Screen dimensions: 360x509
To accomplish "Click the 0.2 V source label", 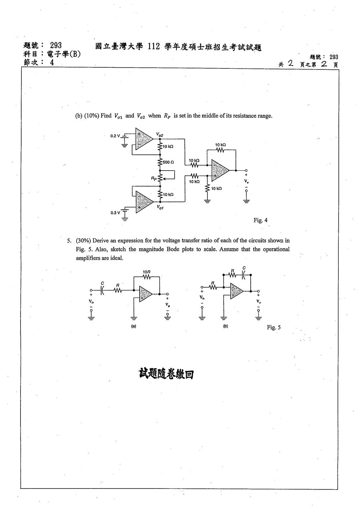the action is click(115, 136).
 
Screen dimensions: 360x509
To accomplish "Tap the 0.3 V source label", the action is click(115, 213).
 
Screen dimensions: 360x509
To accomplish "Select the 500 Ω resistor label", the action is click(168, 162).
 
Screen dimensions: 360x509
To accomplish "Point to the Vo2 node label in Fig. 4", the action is click(159, 135).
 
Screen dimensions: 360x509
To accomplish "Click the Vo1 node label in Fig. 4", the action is click(160, 207).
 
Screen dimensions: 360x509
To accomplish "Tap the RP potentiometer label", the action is click(154, 179).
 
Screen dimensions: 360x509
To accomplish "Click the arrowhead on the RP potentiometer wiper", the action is click(165, 179).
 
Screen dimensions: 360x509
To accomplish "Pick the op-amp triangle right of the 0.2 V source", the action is click(144, 139).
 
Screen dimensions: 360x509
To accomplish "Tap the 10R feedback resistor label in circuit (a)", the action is click(147, 272).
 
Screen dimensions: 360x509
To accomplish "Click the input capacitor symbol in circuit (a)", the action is click(102, 290).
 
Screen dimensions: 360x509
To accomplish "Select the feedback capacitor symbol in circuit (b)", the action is click(243, 275).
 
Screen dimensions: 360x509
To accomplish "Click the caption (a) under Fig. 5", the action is click(134, 326).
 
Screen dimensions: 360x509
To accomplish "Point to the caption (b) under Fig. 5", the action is click(225, 326).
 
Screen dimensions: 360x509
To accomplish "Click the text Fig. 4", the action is click(260, 220).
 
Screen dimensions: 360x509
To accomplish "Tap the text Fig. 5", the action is click(274, 327).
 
